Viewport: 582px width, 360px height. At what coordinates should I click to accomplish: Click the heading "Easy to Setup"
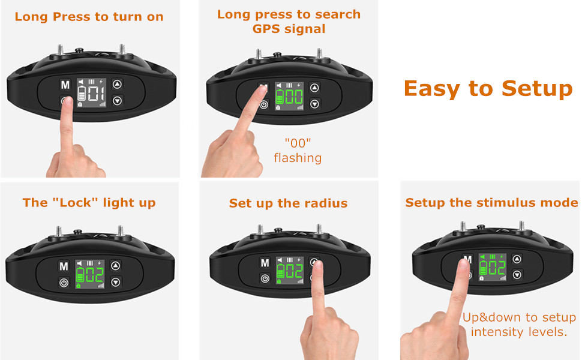click(x=488, y=88)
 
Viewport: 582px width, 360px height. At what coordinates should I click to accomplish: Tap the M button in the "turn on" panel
click(x=65, y=85)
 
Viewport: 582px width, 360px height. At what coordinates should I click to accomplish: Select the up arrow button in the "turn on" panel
click(x=117, y=85)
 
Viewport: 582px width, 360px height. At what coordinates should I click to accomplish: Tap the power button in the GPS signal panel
click(x=263, y=105)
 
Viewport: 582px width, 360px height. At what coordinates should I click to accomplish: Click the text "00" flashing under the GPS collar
click(x=298, y=151)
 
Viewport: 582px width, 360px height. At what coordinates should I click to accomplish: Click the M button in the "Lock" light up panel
click(x=64, y=266)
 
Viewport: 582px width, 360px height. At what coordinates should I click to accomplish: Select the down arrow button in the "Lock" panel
click(x=116, y=282)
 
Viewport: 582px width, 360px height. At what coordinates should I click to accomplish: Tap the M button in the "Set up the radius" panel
click(x=264, y=263)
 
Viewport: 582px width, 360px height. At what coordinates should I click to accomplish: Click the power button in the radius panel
click(x=264, y=278)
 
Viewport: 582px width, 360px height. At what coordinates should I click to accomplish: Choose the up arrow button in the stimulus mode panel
click(x=517, y=259)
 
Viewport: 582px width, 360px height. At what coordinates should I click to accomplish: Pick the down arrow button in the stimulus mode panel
click(x=517, y=274)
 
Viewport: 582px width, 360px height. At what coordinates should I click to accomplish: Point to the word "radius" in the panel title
click(x=328, y=203)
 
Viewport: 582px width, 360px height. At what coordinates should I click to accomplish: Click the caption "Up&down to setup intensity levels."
click(x=519, y=324)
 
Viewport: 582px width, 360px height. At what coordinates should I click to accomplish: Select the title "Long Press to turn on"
click(x=89, y=17)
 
